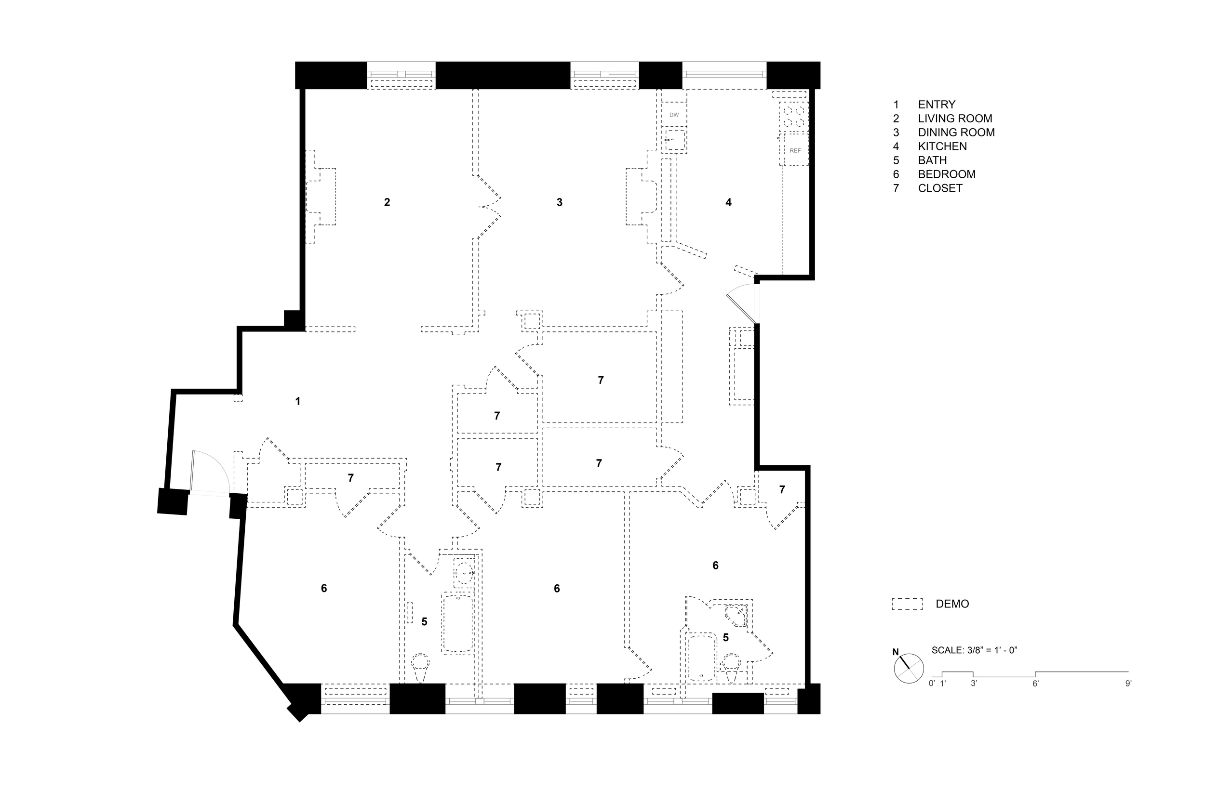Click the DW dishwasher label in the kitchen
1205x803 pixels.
coord(674,115)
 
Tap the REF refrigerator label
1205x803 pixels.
coord(795,151)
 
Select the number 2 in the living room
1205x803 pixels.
coord(387,202)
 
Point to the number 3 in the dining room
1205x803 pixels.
coord(560,202)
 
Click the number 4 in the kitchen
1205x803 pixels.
coord(728,202)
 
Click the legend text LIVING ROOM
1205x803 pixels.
coord(955,118)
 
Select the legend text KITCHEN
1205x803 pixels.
coord(942,146)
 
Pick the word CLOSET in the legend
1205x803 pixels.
coord(940,188)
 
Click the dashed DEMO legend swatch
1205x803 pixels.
coord(907,604)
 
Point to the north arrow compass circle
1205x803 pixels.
coord(909,669)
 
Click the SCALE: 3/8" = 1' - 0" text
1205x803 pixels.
coord(974,650)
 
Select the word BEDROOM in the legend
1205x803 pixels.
coord(947,174)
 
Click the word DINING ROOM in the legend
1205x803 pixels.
coord(956,132)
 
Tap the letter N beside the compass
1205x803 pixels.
coord(896,652)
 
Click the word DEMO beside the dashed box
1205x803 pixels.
coord(952,604)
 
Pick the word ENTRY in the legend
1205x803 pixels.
coord(937,105)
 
